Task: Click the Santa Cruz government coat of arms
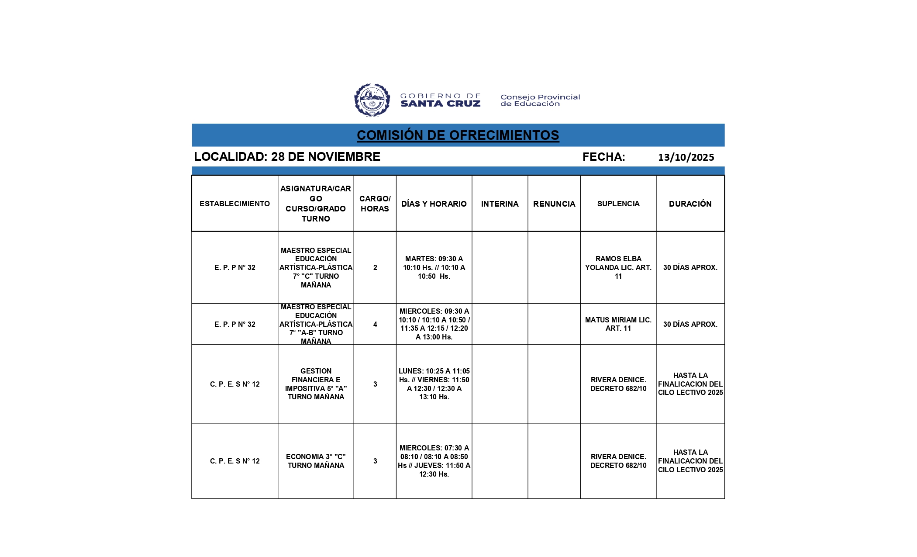pos(372,100)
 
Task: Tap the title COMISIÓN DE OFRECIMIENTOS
pos(458,135)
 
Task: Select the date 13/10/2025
pos(686,157)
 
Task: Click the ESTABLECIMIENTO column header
pos(234,204)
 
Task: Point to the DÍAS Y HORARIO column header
pos(434,204)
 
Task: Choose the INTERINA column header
pos(500,204)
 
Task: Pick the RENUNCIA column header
pos(554,204)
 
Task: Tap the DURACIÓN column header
pos(690,204)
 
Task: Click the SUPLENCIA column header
pos(618,204)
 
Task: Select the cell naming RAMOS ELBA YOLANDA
pos(618,267)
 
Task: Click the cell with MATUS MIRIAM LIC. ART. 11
pos(618,324)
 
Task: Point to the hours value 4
pos(375,324)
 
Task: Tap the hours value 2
pos(375,267)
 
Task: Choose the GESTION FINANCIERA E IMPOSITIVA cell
pos(316,384)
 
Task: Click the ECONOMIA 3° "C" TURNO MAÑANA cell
pos(316,461)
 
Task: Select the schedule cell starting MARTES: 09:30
pos(434,267)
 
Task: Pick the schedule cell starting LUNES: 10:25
pos(434,384)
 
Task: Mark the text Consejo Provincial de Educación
pos(540,100)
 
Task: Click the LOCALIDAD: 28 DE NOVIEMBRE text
pos(287,157)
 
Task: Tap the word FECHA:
pos(603,157)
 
